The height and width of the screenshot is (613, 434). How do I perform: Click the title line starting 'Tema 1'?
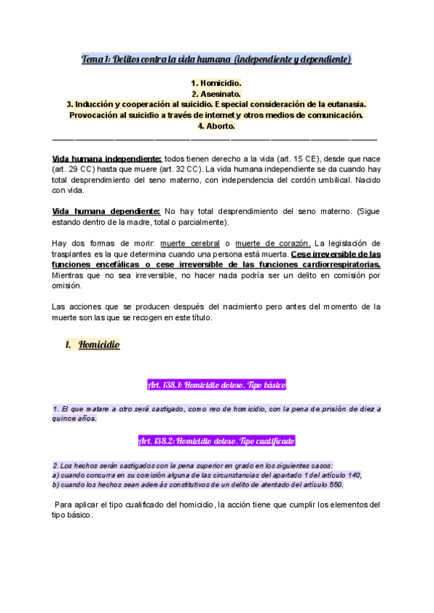click(216, 59)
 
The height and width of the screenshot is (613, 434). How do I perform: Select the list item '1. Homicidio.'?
click(216, 83)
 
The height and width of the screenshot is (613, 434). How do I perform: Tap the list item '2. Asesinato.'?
click(216, 94)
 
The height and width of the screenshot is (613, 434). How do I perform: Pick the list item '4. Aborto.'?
click(216, 125)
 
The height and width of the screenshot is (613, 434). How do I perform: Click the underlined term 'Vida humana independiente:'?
click(107, 159)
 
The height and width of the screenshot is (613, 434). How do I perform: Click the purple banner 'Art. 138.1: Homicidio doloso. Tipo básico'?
click(216, 385)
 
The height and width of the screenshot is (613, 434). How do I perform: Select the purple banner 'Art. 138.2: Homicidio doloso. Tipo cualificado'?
click(216, 441)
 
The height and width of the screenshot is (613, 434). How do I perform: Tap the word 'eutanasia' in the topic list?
click(344, 104)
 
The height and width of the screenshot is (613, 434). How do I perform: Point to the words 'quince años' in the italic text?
click(75, 419)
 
